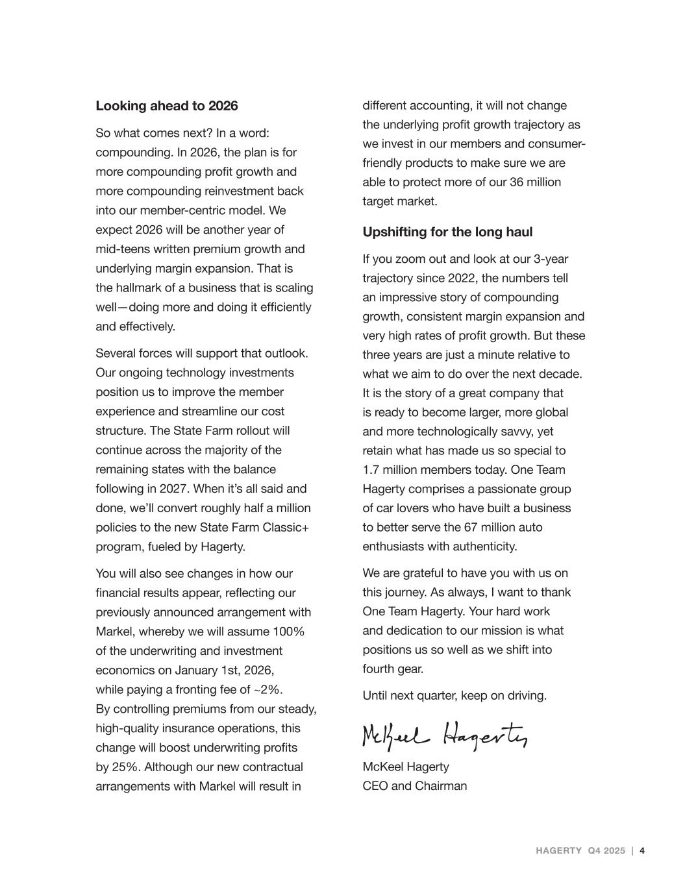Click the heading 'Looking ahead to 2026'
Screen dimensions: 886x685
[x=167, y=106]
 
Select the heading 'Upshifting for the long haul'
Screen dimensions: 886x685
[x=447, y=232]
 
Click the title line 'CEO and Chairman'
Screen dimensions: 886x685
[x=414, y=786]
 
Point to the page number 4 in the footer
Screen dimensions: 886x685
[x=642, y=851]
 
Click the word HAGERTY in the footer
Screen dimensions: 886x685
[x=558, y=851]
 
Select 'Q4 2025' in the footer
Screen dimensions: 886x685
[x=606, y=851]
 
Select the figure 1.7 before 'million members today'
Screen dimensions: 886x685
[x=371, y=470]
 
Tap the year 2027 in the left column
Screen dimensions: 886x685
[x=173, y=489]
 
